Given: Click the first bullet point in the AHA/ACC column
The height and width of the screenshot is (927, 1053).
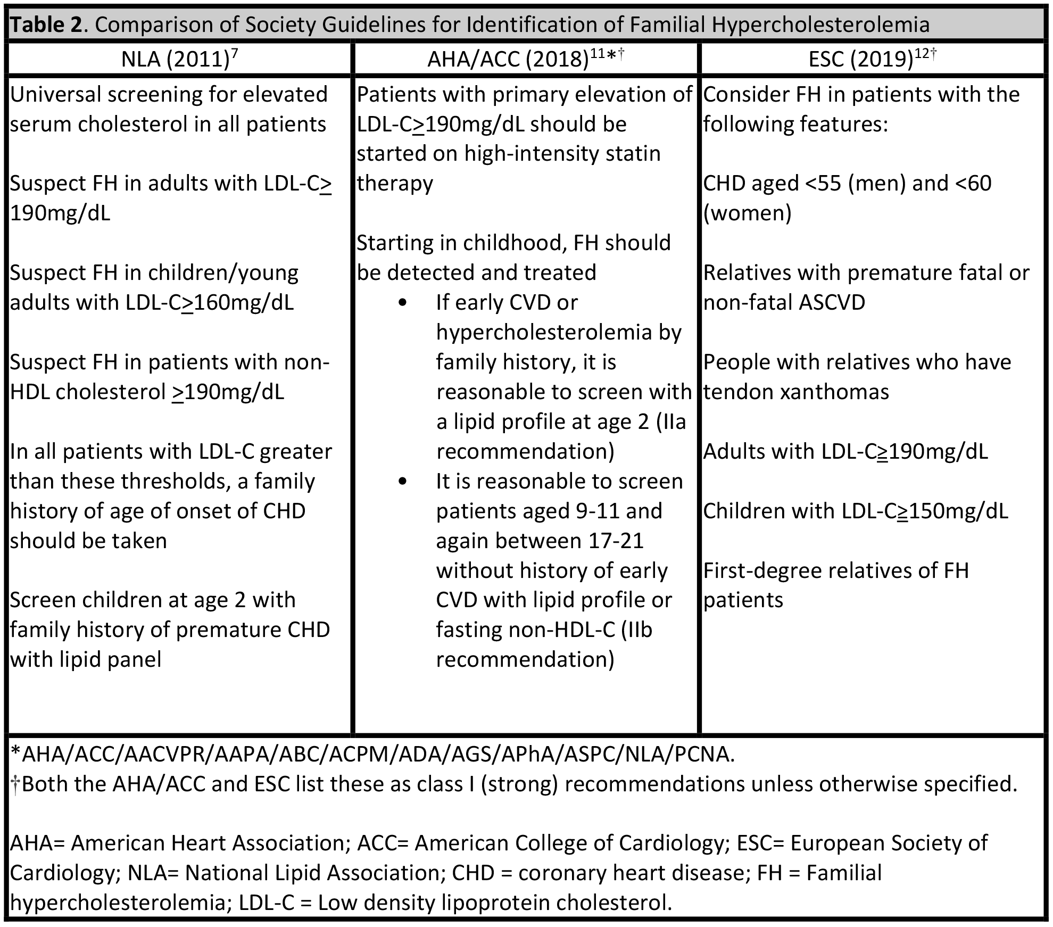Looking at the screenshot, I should tap(402, 302).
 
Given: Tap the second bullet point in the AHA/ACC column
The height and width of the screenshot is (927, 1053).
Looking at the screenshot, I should tap(402, 481).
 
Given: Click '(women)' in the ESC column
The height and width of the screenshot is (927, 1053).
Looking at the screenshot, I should tap(748, 213).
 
